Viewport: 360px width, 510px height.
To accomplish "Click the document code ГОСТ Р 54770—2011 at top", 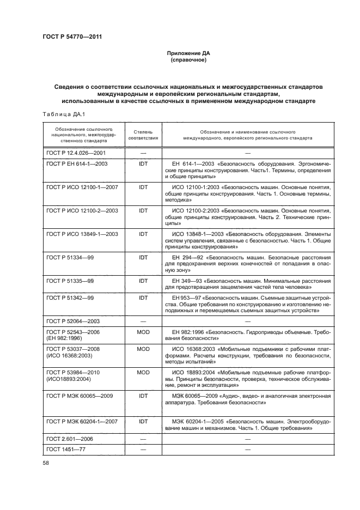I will [x=72, y=37].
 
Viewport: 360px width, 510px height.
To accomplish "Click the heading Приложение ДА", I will [x=188, y=53].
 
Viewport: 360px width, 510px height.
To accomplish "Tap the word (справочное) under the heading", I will [x=188, y=60].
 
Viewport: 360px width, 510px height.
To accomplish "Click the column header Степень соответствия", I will [x=143, y=135].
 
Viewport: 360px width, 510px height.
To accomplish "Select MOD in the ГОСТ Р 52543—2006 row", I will [x=143, y=331].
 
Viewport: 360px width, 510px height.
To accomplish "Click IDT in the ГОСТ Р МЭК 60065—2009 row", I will [x=143, y=396].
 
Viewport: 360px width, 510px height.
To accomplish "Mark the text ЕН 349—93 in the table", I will [x=192, y=280].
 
